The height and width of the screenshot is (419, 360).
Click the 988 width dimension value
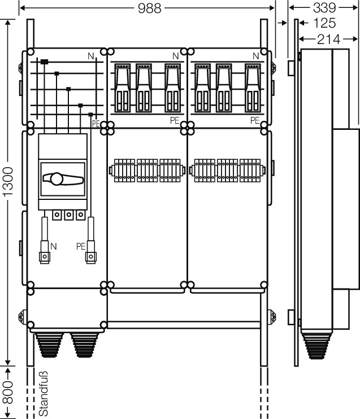click(x=150, y=8)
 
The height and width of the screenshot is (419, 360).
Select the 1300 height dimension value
click(x=8, y=182)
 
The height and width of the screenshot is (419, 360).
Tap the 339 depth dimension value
click(x=324, y=7)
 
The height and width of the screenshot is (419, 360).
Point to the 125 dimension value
click(x=324, y=23)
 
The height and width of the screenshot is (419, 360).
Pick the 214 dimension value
click(x=329, y=40)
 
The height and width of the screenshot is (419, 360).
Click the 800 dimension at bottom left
click(x=8, y=392)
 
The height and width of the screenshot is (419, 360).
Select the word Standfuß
click(x=44, y=394)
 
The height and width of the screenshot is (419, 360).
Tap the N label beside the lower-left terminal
click(x=54, y=246)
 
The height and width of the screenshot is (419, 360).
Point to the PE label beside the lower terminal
click(x=81, y=246)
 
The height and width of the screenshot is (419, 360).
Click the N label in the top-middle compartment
click(x=175, y=56)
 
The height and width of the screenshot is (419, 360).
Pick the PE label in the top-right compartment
click(x=255, y=120)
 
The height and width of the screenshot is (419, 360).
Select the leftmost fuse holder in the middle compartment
click(x=123, y=88)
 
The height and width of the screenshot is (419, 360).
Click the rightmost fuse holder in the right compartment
click(x=253, y=88)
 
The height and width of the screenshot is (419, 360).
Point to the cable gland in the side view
click(x=316, y=346)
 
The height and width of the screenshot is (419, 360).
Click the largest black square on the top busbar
click(x=45, y=62)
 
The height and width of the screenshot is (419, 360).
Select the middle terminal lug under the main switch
click(x=69, y=215)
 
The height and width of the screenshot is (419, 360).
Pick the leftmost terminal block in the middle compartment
click(x=125, y=171)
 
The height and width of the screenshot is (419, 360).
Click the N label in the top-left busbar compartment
click(x=91, y=56)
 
